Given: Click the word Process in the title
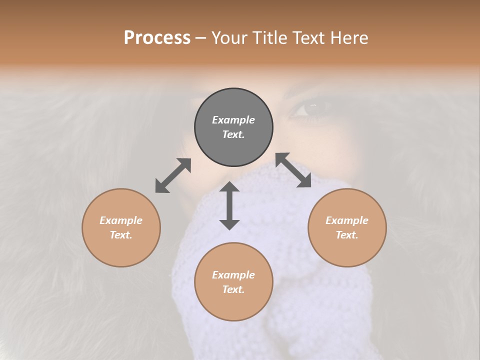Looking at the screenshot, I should pyautogui.click(x=157, y=38).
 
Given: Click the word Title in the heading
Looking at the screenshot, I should pyautogui.click(x=268, y=38).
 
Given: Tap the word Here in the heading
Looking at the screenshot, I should pyautogui.click(x=348, y=38).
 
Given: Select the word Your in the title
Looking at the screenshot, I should pyautogui.click(x=228, y=38).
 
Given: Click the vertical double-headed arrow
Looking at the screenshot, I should pyautogui.click(x=229, y=205).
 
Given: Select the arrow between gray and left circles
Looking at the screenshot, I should pyautogui.click(x=173, y=175).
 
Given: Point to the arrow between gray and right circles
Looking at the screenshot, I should pyautogui.click(x=293, y=170).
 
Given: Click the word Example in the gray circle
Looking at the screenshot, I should pyautogui.click(x=233, y=120).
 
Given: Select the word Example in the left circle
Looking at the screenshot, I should pyautogui.click(x=121, y=220).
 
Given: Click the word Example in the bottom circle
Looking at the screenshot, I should pyautogui.click(x=233, y=275).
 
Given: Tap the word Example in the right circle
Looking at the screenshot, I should pyautogui.click(x=347, y=220).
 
